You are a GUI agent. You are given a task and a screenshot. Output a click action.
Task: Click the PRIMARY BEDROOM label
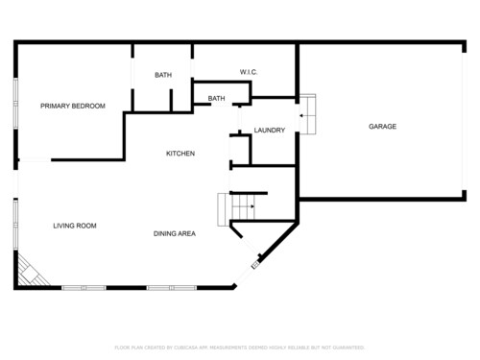tap(73, 106)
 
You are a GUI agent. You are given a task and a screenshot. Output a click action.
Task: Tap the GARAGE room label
tap(382, 127)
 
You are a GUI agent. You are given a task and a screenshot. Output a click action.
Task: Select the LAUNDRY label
tap(270, 130)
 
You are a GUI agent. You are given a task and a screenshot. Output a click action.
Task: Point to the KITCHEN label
tap(180, 154)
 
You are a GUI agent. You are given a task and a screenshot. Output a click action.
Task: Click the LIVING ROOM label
tap(74, 226)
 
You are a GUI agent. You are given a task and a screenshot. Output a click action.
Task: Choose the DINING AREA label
tap(175, 233)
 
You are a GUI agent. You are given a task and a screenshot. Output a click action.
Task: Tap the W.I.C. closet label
tap(249, 73)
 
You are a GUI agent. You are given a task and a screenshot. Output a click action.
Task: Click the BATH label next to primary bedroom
tap(163, 75)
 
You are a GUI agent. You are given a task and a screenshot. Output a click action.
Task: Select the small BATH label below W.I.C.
tap(217, 98)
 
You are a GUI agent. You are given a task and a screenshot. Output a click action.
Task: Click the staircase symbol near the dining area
tap(238, 205)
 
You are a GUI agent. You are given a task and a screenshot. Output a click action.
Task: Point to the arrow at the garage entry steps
tap(302, 116)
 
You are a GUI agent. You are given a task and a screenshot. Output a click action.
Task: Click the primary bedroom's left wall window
tap(15, 113)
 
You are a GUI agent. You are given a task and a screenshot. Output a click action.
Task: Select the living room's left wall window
tap(15, 225)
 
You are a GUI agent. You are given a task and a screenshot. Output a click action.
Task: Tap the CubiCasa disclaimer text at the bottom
tap(240, 347)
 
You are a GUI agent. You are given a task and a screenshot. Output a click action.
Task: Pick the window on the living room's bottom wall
tap(84, 287)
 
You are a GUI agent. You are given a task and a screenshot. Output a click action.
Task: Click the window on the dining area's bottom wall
tap(171, 287)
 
